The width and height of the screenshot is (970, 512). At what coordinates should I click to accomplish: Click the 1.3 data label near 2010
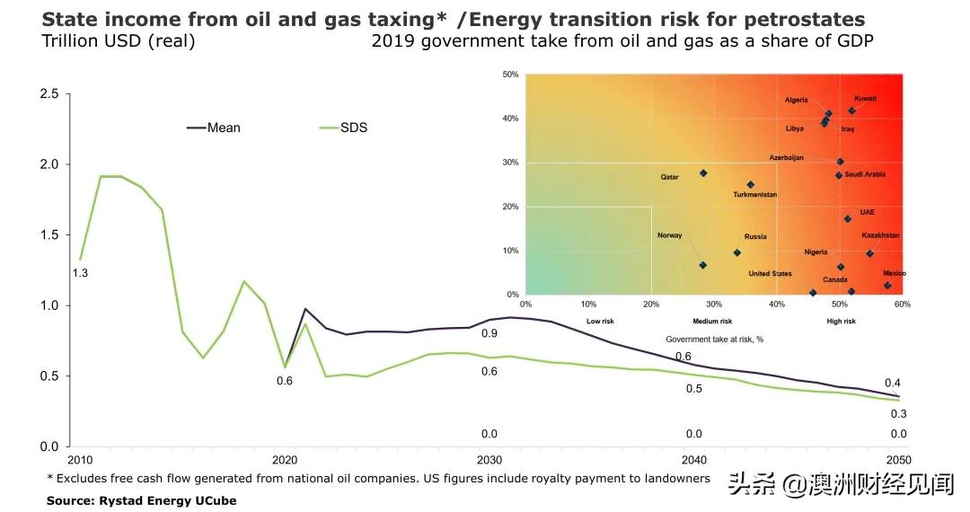pyautogui.click(x=80, y=273)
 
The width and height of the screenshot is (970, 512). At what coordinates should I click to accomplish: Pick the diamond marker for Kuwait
pyautogui.click(x=851, y=110)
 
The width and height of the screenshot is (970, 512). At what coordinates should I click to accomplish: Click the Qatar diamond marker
pyautogui.click(x=703, y=173)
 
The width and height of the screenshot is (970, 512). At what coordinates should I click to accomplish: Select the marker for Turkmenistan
pyautogui.click(x=751, y=185)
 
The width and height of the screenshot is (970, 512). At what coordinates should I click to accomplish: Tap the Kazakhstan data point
pyautogui.click(x=869, y=253)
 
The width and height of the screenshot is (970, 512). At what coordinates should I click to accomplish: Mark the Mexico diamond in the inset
pyautogui.click(x=887, y=286)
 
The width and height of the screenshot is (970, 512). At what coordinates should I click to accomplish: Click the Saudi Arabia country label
pyautogui.click(x=865, y=174)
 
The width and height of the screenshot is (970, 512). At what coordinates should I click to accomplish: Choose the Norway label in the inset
pyautogui.click(x=670, y=235)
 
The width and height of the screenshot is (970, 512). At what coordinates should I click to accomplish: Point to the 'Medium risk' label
pyautogui.click(x=713, y=321)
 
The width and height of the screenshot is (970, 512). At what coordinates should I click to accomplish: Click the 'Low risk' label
pyautogui.click(x=600, y=321)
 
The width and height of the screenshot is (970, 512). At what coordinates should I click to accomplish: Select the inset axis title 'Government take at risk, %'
pyautogui.click(x=714, y=340)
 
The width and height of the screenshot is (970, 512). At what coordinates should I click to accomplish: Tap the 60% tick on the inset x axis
pyautogui.click(x=903, y=304)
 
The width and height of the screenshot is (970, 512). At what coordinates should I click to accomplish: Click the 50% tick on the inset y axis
pyautogui.click(x=511, y=75)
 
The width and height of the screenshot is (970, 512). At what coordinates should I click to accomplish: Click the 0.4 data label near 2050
pyautogui.click(x=892, y=384)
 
